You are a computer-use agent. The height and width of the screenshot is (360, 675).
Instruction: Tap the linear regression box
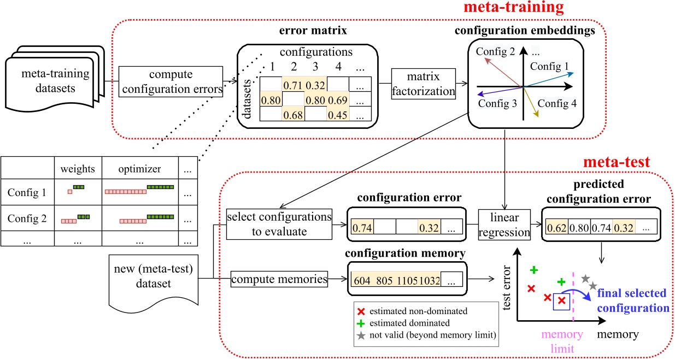pyautogui.click(x=505, y=225)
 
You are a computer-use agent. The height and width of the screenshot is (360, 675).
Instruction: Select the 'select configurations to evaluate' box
pyautogui.click(x=280, y=224)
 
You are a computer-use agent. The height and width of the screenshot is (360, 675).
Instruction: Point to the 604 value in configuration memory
pyautogui.click(x=362, y=281)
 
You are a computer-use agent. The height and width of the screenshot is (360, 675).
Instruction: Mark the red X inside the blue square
pyautogui.click(x=561, y=300)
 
